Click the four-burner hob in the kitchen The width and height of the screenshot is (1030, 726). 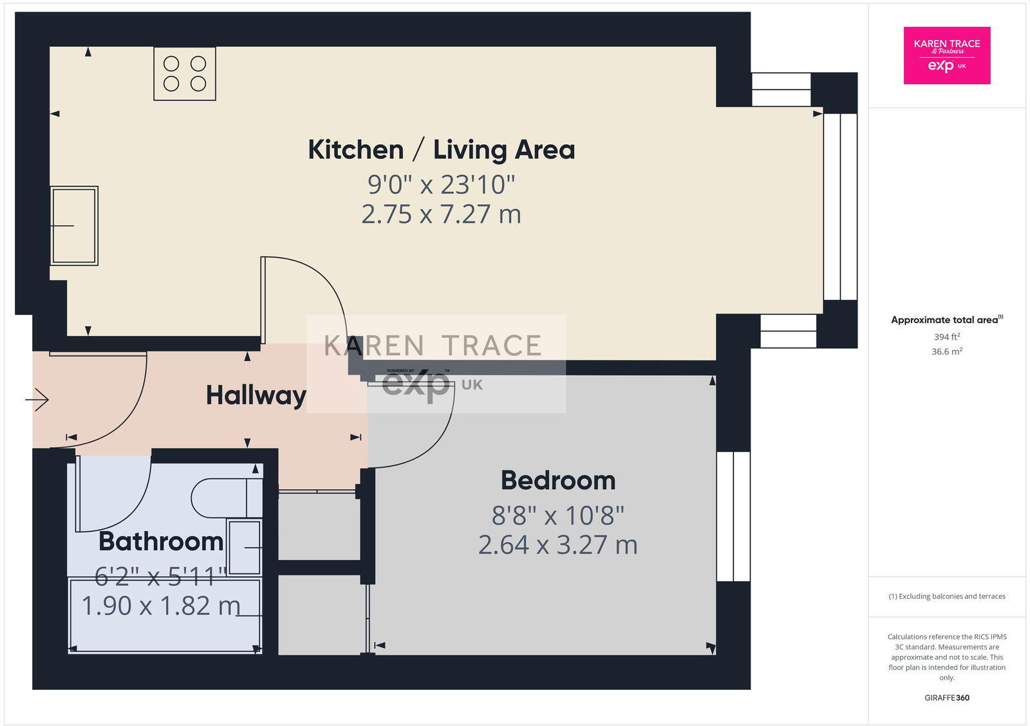pyautogui.click(x=184, y=73)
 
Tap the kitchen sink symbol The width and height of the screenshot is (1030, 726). pyautogui.click(x=74, y=226)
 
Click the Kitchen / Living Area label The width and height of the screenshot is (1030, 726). pyautogui.click(x=441, y=150)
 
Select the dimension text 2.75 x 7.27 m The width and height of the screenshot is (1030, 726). pyautogui.click(x=441, y=214)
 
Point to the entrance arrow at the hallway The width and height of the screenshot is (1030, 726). pyautogui.click(x=38, y=400)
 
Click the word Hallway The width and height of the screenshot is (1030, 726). pyautogui.click(x=256, y=395)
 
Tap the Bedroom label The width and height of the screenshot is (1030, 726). pyautogui.click(x=557, y=481)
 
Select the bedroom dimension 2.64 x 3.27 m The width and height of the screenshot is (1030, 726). pyautogui.click(x=557, y=545)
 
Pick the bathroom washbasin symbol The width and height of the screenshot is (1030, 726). pyautogui.click(x=245, y=547)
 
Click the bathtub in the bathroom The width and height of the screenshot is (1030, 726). pyautogui.click(x=165, y=616)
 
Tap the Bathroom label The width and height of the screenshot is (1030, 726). pyautogui.click(x=161, y=541)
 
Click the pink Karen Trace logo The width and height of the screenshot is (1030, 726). pyautogui.click(x=946, y=55)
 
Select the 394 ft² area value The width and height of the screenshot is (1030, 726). pyautogui.click(x=946, y=337)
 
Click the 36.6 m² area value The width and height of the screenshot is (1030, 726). pyautogui.click(x=946, y=352)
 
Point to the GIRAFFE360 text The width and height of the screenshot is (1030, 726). pyautogui.click(x=946, y=698)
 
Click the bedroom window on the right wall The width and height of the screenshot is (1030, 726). pyautogui.click(x=733, y=516)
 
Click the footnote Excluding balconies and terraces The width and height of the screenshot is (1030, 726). pyautogui.click(x=946, y=597)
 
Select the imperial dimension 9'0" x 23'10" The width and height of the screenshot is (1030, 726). pyautogui.click(x=441, y=185)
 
